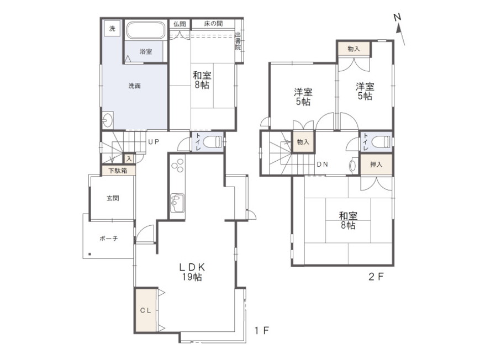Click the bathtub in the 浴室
(x=146, y=30)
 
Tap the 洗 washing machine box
(x=112, y=29)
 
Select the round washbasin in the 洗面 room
(x=108, y=120)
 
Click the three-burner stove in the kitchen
(x=178, y=165)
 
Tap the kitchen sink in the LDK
(x=177, y=203)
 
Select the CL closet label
(x=146, y=310)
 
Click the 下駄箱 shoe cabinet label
(x=118, y=171)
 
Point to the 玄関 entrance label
(x=113, y=198)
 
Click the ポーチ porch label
(x=109, y=238)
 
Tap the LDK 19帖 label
(x=192, y=272)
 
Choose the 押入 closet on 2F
(x=376, y=165)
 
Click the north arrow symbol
(x=399, y=29)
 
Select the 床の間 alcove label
(x=213, y=24)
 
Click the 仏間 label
(x=180, y=24)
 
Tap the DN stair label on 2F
(x=323, y=165)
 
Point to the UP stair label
(x=154, y=142)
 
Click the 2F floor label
(x=376, y=277)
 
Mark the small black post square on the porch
(x=89, y=254)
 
